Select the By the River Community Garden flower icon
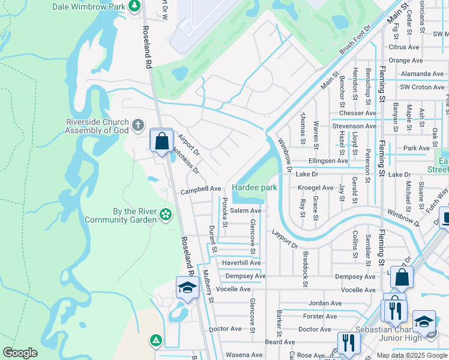166,214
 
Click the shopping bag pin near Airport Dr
161,142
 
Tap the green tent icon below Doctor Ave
156,341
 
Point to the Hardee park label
255,188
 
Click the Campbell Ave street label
201,188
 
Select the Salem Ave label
246,211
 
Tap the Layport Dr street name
285,237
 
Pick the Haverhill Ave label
241,263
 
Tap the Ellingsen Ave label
328,161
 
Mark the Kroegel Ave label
316,188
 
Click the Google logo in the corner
20,352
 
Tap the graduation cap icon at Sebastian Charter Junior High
424,321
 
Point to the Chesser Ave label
357,113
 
